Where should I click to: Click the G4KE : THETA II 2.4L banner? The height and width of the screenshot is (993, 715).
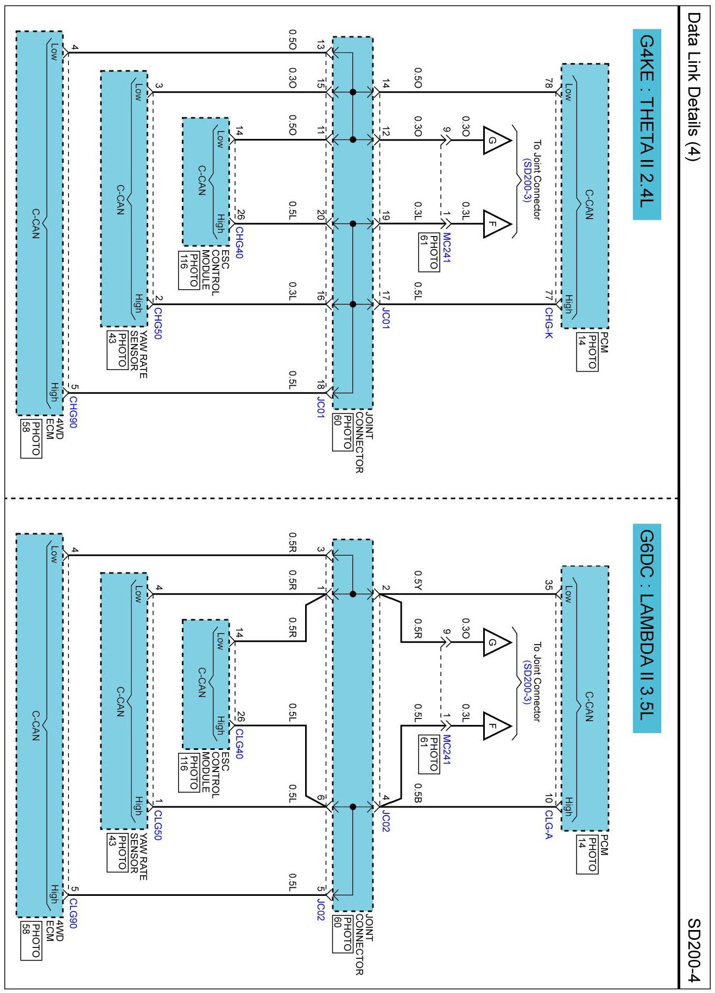point(647,124)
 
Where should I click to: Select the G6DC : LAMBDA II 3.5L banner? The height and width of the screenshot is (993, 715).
point(647,628)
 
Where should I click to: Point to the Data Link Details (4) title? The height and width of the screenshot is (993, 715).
point(694,87)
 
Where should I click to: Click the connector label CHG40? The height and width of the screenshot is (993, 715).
point(239,243)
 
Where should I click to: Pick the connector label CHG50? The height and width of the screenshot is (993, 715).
point(158,323)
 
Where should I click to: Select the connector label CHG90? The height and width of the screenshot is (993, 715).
point(73,412)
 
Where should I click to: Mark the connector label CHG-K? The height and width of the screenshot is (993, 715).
point(549,323)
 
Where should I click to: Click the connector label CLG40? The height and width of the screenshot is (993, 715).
point(239,743)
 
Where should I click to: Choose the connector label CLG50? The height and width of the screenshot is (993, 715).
point(158,825)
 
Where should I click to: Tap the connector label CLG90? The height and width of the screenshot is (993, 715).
point(73,913)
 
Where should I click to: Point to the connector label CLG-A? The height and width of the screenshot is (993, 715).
point(549,824)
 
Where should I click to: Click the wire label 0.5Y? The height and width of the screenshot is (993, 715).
point(418,580)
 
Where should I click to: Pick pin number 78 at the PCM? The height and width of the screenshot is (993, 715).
point(549,83)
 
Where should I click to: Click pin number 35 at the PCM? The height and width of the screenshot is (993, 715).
point(549,585)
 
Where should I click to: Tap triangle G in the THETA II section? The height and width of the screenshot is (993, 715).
point(495,141)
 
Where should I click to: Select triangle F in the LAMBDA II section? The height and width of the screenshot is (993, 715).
point(495,725)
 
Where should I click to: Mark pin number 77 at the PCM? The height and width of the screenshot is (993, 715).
point(549,295)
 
